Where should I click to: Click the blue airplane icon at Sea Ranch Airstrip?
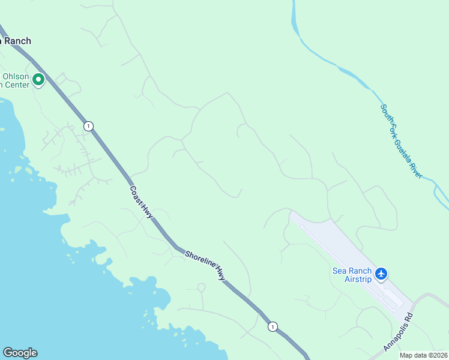[x=381, y=274]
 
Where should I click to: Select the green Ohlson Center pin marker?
[x=39, y=79]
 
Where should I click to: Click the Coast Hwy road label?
[x=142, y=202]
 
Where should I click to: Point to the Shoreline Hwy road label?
[x=205, y=266]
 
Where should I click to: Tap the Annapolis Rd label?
[x=399, y=332]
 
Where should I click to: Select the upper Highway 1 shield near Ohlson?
[x=89, y=126]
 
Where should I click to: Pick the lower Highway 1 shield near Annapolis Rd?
[x=273, y=326]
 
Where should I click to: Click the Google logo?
[x=20, y=353]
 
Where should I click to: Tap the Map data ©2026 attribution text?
[x=423, y=355]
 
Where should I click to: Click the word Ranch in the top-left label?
[x=18, y=41]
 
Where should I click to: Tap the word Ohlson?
[x=16, y=76]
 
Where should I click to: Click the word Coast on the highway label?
[x=135, y=193]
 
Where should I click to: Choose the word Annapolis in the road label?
[x=395, y=336]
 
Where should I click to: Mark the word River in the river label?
[x=416, y=167]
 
